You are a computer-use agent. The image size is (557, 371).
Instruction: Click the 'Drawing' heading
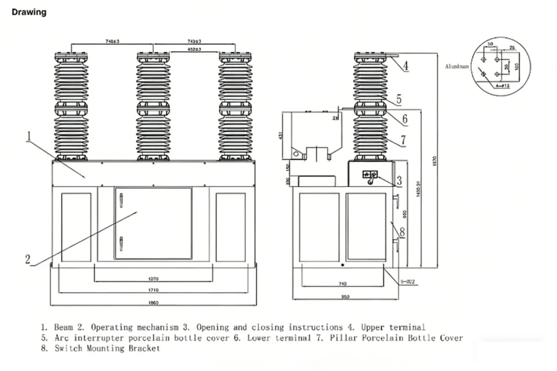[29, 12]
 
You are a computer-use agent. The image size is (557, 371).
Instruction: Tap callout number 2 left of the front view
[28, 259]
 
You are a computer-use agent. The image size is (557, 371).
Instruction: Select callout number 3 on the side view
[399, 180]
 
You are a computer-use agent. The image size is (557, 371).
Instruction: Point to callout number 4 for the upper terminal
[405, 66]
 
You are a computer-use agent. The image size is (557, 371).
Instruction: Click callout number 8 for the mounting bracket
[402, 232]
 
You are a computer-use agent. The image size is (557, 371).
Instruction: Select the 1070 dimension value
[153, 279]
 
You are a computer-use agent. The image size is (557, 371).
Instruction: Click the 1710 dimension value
[153, 290]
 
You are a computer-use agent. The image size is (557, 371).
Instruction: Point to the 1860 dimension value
[153, 302]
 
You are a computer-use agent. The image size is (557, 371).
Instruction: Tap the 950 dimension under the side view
[345, 297]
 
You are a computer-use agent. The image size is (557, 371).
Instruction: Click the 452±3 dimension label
[194, 50]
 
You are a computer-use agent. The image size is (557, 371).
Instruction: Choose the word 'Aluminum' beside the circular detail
[457, 66]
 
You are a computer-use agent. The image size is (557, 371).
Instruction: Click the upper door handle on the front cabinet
[121, 202]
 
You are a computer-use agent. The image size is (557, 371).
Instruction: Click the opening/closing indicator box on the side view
[370, 175]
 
